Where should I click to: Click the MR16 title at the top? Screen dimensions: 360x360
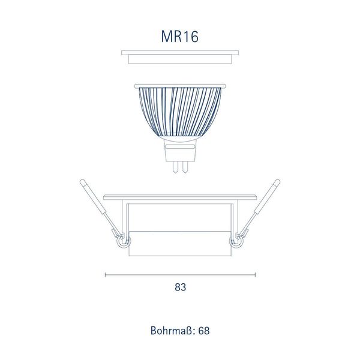click(x=179, y=36)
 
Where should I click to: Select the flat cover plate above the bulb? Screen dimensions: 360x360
click(x=179, y=56)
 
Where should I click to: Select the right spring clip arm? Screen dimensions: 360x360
click(x=262, y=207)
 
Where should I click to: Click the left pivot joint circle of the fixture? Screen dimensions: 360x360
click(x=122, y=243)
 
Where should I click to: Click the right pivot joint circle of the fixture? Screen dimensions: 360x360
click(x=237, y=243)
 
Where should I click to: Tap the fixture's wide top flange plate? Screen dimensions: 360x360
click(x=179, y=198)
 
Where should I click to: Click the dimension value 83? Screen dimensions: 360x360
click(x=180, y=287)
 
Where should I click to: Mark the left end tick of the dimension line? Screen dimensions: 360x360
click(x=105, y=275)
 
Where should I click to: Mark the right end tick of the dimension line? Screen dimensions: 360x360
click(x=256, y=275)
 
